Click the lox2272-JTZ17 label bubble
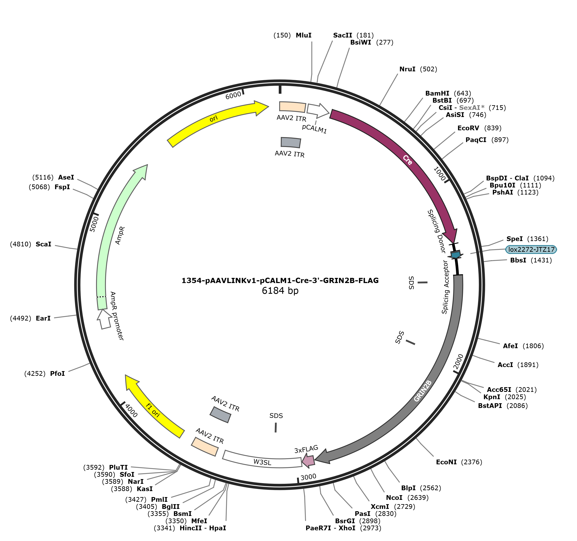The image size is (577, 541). (531, 249)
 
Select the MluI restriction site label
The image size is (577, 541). (304, 35)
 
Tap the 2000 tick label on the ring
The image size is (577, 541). (459, 362)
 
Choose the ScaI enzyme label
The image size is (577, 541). (44, 244)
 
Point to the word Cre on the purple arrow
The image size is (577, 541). (407, 160)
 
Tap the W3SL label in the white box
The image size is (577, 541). (262, 462)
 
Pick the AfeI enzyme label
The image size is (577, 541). (510, 346)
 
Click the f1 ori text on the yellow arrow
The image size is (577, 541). (153, 411)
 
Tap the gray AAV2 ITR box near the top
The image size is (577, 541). (291, 142)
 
